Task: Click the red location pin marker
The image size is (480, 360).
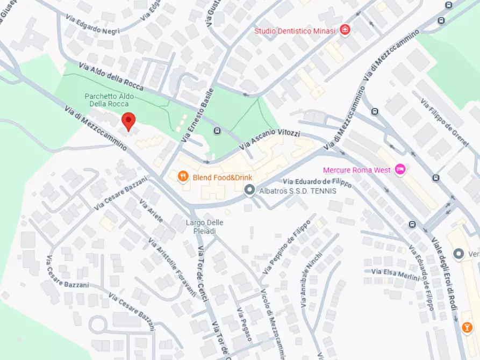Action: (128, 121)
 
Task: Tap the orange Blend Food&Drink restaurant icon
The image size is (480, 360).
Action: (183, 177)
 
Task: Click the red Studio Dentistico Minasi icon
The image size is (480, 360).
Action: (346, 31)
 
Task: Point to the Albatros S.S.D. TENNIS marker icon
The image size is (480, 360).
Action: (249, 190)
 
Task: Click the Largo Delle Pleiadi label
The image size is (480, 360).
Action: (204, 226)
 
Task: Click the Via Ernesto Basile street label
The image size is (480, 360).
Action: (198, 114)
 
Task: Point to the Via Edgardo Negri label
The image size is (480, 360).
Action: (92, 32)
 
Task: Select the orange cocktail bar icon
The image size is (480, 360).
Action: (468, 327)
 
